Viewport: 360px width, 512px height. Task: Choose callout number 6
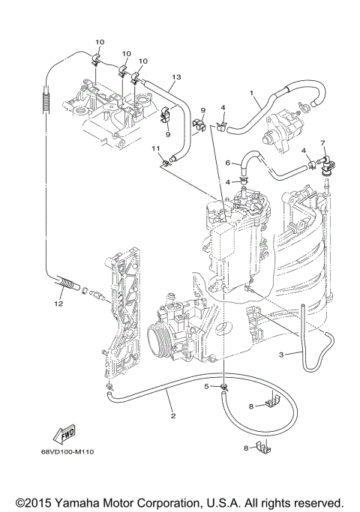[x=228, y=163]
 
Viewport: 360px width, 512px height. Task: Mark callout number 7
[x=322, y=142]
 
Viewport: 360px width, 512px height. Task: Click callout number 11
[x=156, y=149]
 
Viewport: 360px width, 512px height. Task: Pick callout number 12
[x=58, y=304]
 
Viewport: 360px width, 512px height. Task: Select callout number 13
[x=177, y=77]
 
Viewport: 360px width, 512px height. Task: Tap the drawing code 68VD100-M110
[x=72, y=451]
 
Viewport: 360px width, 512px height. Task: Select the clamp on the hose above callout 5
[x=223, y=387]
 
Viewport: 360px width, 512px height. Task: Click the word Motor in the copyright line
[x=130, y=502]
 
